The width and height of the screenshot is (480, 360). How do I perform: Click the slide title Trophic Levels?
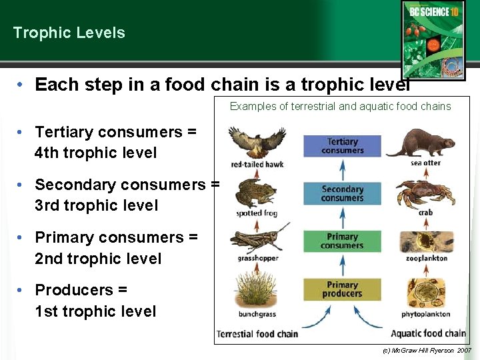point(69,33)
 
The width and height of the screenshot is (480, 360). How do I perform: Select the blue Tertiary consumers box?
point(342,146)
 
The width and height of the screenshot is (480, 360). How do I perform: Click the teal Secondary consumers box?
point(342,193)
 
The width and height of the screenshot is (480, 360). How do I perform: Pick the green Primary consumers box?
point(342,241)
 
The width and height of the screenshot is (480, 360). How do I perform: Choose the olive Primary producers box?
point(342,289)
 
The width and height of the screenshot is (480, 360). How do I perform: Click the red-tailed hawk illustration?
point(257,142)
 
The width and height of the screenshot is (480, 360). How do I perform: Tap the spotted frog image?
point(256,193)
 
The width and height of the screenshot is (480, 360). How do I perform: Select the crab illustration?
point(425,194)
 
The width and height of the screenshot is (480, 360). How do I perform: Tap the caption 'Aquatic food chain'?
point(428,333)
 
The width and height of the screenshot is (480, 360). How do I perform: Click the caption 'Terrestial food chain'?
point(257,333)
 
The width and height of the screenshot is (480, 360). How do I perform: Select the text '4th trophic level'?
point(95,153)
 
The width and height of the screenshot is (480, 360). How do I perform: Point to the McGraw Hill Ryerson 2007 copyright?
point(427,350)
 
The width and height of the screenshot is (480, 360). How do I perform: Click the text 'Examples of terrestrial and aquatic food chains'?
point(340,106)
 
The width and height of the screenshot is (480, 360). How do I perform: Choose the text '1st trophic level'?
point(95,311)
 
